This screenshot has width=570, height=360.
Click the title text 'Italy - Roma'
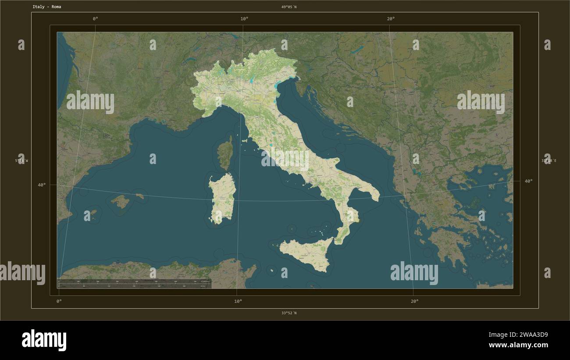pos(46,7)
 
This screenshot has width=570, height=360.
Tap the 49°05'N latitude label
pos(289,7)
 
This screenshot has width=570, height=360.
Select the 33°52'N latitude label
pos(289,313)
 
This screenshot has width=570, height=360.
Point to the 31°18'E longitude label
pos(549,161)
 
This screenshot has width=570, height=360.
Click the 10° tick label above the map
pos(244,18)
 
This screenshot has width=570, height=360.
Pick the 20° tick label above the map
pos(391,18)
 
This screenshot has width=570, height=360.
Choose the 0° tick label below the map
pos(59,301)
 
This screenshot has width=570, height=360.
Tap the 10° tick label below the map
pos(238,301)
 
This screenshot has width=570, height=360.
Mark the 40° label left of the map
pos(42,185)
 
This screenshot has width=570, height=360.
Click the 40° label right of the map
pos(528,181)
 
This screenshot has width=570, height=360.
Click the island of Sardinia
pos(222,197)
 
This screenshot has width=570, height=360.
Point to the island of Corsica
pos(225,152)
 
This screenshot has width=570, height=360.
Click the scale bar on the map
pos(134,283)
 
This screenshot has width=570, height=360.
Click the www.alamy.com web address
pos(518,345)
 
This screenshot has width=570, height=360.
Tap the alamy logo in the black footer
pos(44,340)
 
